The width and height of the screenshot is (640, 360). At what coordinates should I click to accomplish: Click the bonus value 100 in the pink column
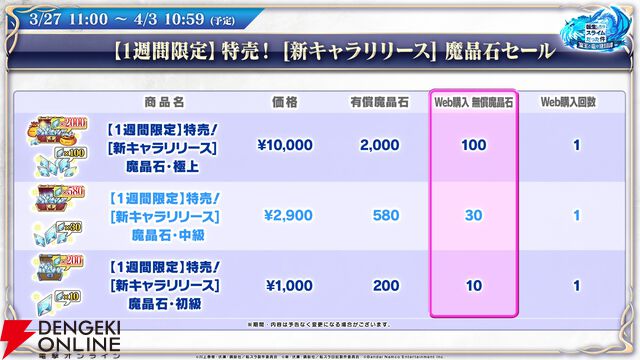coord(474,146)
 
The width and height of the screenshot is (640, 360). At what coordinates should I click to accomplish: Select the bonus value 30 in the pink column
coord(474,216)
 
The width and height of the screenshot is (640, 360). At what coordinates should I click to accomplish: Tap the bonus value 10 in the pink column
coord(474,285)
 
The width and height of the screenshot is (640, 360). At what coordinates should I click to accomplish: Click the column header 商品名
coord(165,102)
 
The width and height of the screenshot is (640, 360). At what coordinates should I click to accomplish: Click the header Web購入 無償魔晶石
coord(474,102)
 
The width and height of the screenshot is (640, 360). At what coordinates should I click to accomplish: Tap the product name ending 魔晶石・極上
coord(165,165)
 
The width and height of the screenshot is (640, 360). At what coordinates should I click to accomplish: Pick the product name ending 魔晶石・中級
coord(165,235)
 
